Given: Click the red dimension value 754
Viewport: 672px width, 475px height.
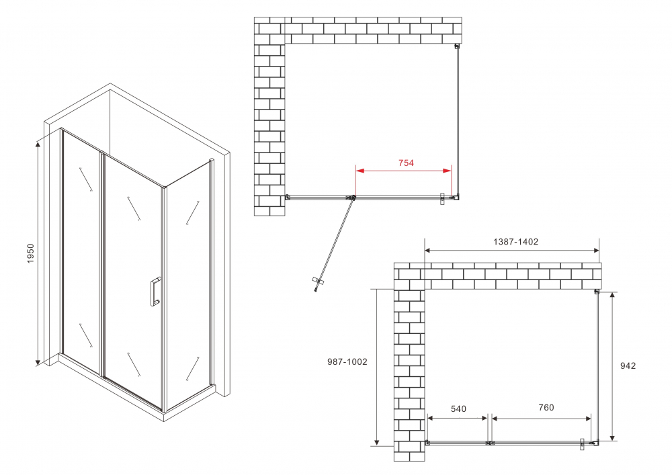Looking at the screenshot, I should [x=405, y=163].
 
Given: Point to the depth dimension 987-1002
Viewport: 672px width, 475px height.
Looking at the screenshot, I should [x=347, y=361].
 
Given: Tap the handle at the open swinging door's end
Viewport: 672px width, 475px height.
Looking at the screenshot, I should [x=317, y=284].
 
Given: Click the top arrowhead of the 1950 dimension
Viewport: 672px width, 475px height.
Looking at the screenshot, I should [x=38, y=141].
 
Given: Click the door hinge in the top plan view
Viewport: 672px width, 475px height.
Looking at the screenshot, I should [x=351, y=198].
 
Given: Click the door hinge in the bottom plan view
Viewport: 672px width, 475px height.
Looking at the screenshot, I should [x=490, y=443].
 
